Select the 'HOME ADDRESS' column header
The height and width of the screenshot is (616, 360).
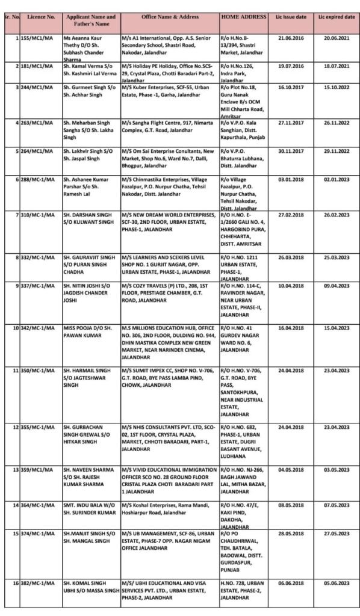244,17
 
